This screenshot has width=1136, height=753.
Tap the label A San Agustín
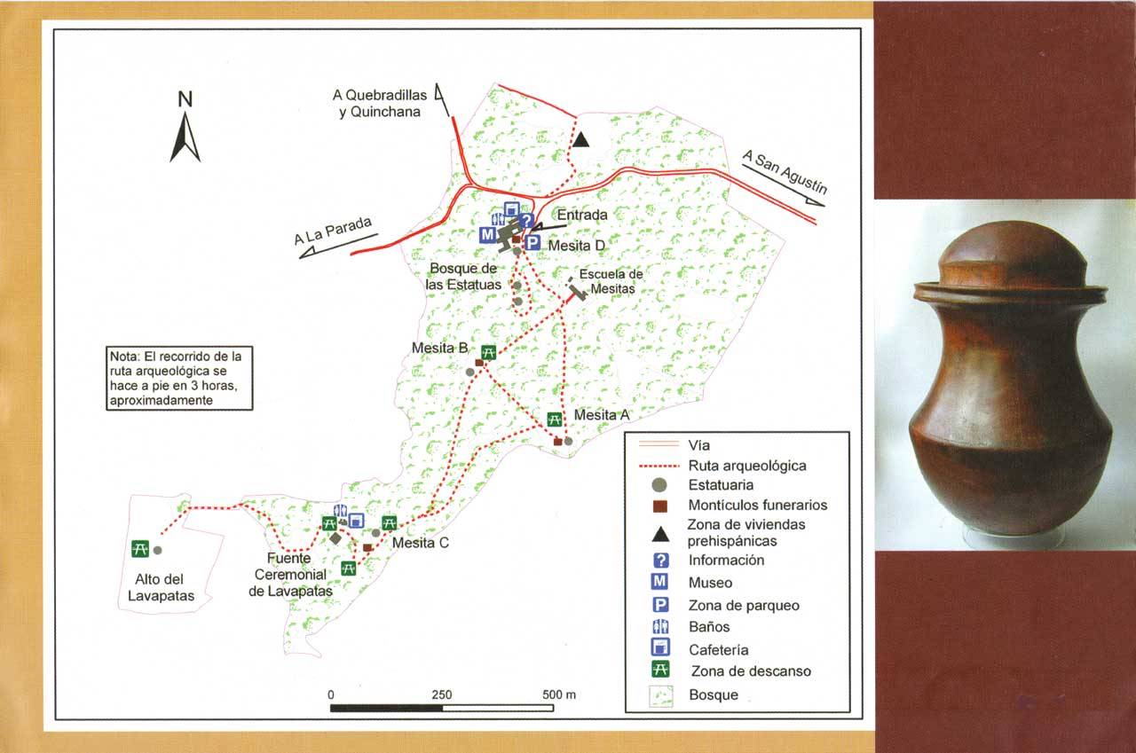coord(785,172)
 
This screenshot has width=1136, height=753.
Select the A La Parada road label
coord(333,232)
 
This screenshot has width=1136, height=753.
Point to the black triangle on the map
coord(580,139)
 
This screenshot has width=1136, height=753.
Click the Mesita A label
coord(602,415)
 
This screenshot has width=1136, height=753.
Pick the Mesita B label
coord(439,349)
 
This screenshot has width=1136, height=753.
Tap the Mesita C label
coord(422,544)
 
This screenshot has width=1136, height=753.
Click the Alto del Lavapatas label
coord(161,589)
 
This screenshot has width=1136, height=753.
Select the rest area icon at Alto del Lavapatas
coord(139,549)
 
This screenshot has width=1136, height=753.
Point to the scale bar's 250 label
coord(442,694)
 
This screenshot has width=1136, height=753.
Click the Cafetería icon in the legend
coord(659,648)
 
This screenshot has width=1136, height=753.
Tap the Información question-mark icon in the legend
coord(659,561)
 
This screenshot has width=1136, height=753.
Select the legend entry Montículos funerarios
coord(757,505)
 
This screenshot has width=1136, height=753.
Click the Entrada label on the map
coord(581,215)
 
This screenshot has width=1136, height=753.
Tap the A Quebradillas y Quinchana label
coord(380,103)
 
